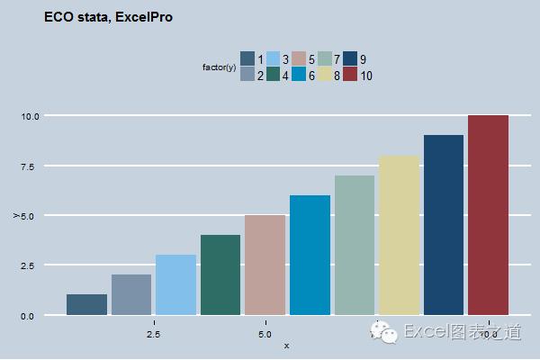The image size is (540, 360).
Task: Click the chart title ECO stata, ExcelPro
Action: (108, 16)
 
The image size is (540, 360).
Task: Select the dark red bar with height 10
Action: (489, 215)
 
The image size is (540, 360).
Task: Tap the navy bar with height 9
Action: (444, 225)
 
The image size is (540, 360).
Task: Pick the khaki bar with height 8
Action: (399, 235)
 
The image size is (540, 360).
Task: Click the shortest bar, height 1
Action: (86, 304)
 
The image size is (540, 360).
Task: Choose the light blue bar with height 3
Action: (175, 284)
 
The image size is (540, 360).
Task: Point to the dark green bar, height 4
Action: (220, 274)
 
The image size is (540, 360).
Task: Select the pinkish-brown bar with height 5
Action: (265, 265)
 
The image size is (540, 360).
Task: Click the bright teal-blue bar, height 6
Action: (310, 255)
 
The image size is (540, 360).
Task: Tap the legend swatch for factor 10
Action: (350, 74)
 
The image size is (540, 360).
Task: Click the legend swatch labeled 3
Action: (274, 58)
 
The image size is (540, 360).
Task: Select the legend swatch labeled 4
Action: (274, 74)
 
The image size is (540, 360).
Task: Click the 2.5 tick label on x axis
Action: (153, 335)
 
